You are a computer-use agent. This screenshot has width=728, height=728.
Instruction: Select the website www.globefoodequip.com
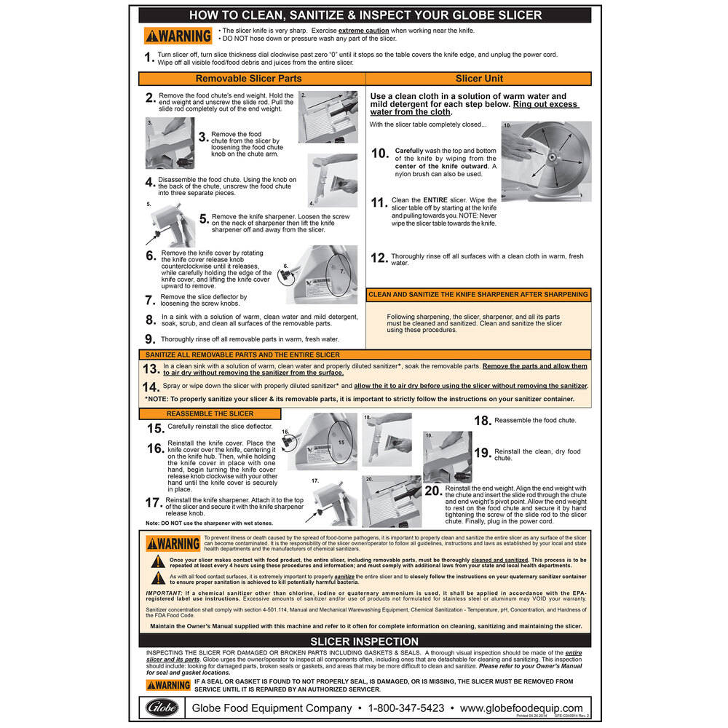pos(521,708)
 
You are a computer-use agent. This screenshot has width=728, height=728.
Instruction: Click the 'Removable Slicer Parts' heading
pos(249,79)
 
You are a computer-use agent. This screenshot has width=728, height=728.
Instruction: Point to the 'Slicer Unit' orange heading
pos(479,79)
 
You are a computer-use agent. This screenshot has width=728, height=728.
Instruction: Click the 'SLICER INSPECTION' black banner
pos(364,641)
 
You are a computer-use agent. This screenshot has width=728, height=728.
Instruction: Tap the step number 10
pos(380,154)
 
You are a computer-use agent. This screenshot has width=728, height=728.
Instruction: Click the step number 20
pos(432,491)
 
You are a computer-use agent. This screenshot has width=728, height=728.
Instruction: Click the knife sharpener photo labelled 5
pos(170,228)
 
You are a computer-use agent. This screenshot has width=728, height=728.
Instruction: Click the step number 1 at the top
pos(149,58)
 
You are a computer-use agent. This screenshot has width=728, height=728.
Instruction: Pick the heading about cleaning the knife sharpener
pos(478,295)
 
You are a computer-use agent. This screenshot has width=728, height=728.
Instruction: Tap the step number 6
pos(150,256)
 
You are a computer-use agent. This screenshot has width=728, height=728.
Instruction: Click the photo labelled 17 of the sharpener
pos(331,505)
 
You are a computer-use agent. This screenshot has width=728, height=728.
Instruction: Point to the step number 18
pos(482,421)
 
